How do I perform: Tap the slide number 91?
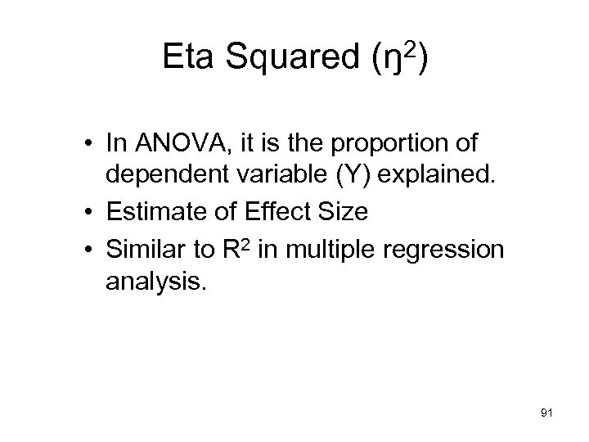(x=547, y=415)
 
